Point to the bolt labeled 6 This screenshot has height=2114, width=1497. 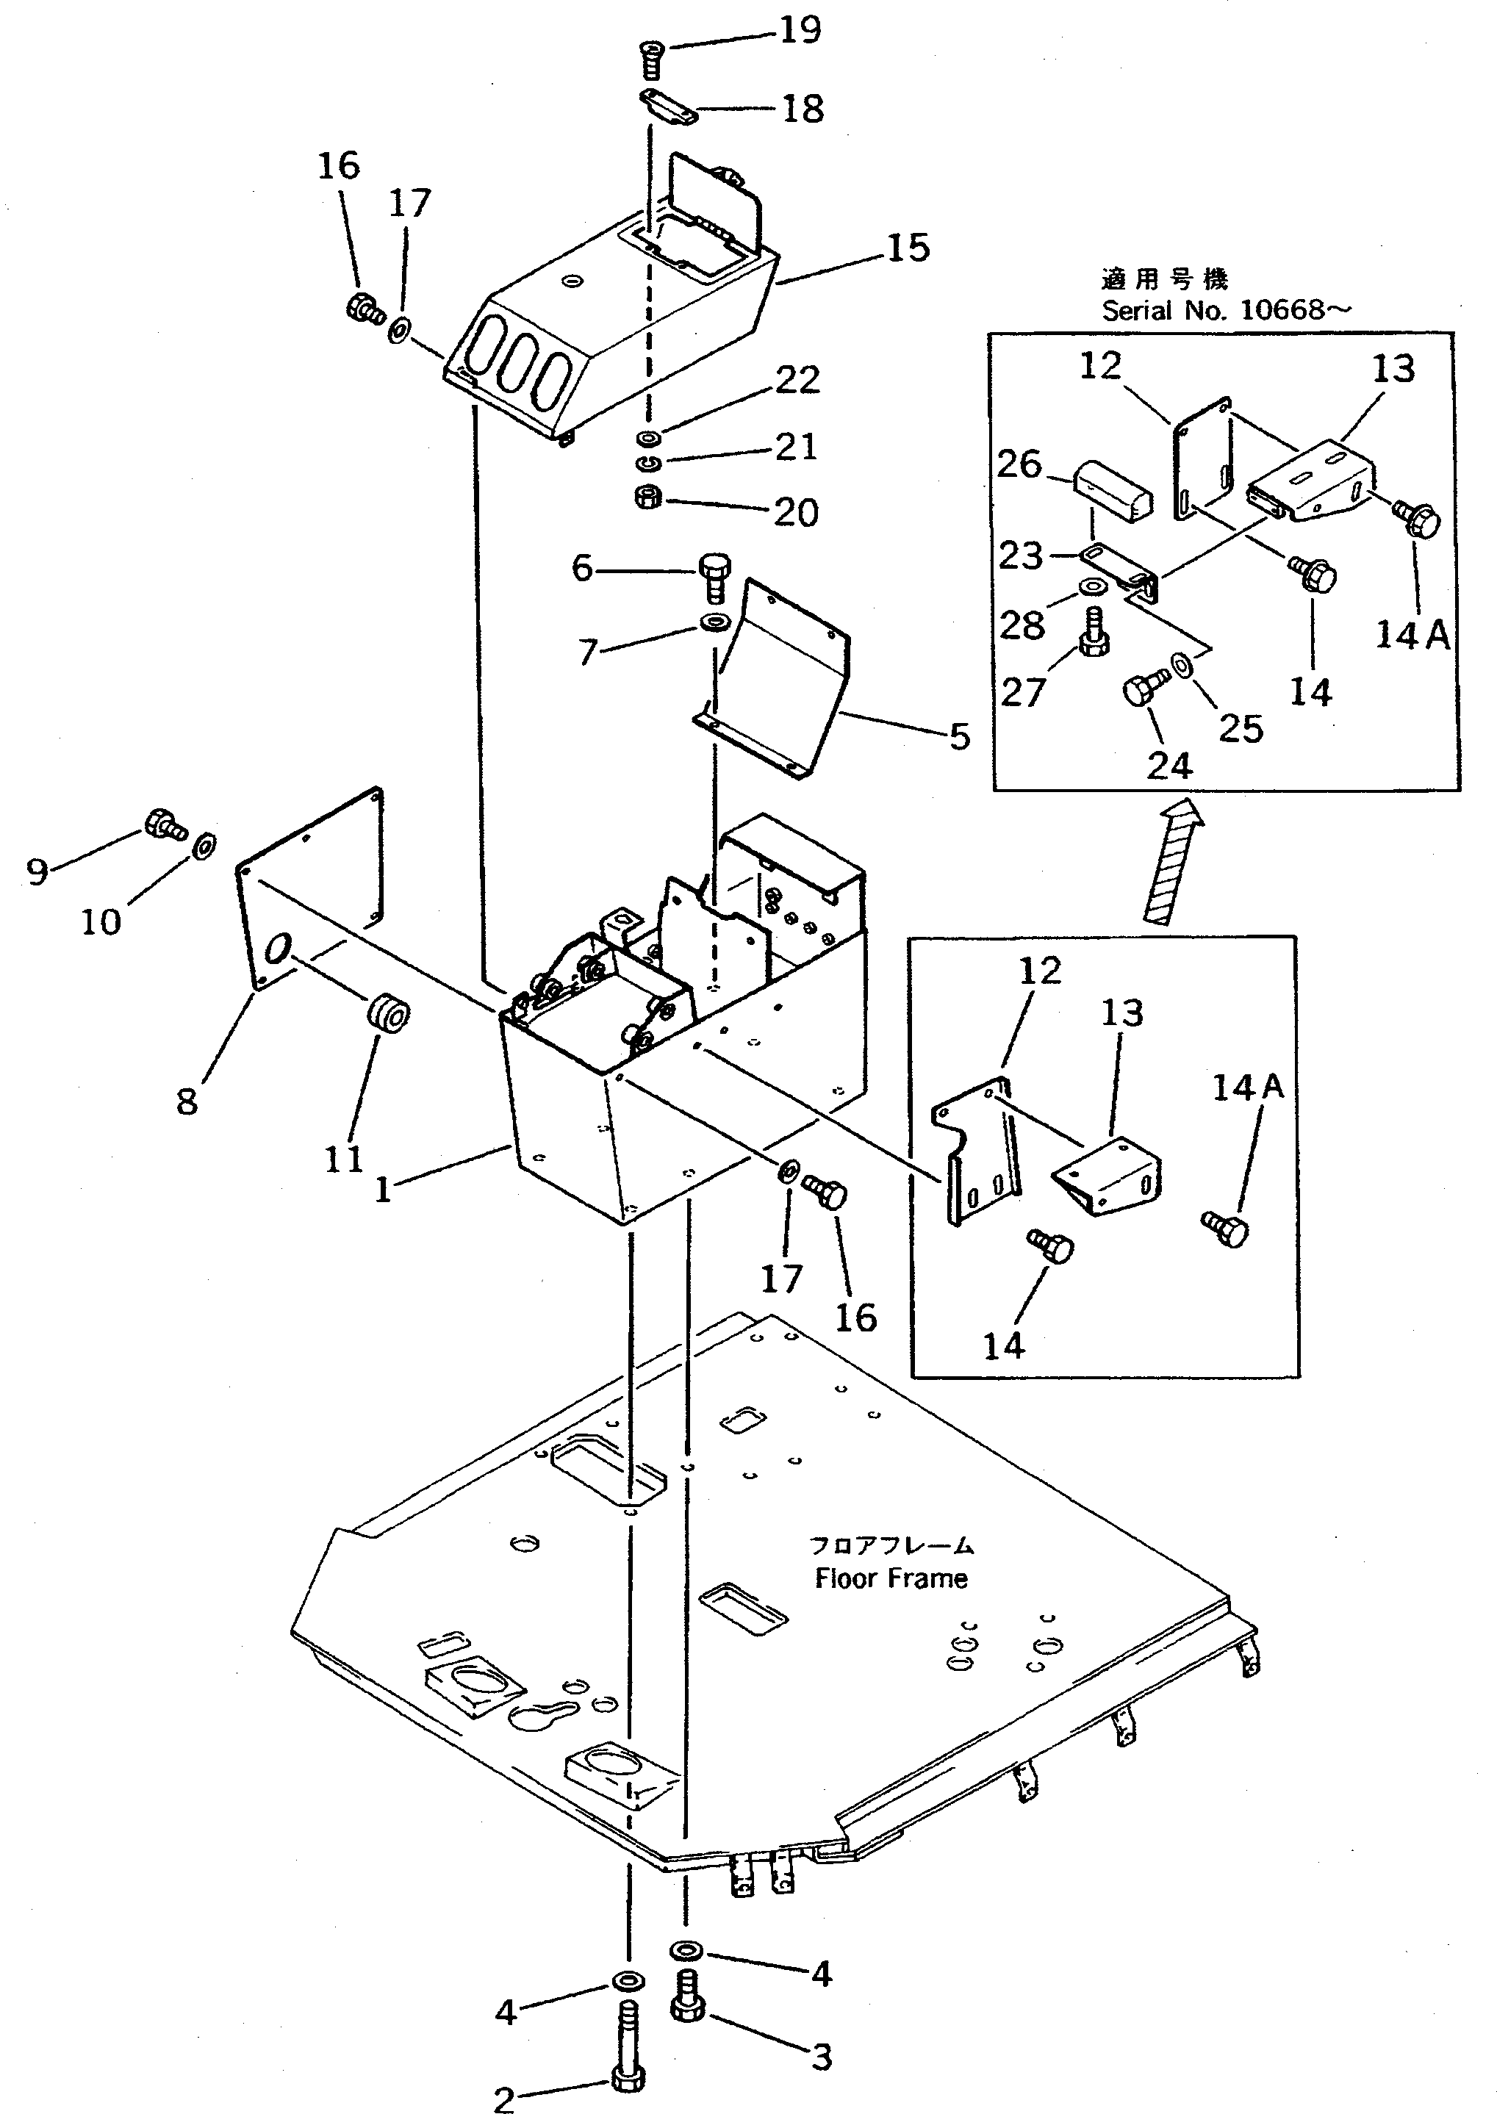(x=714, y=573)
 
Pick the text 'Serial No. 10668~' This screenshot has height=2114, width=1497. (x=1226, y=309)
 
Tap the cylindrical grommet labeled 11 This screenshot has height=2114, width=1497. (x=388, y=1015)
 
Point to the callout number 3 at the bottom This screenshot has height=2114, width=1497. (x=822, y=2056)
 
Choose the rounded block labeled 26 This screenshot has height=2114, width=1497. (x=1113, y=494)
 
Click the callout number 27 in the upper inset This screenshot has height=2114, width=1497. (x=1022, y=691)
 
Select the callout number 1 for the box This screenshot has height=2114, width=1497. (x=383, y=1189)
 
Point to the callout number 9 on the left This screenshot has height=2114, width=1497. (x=37, y=870)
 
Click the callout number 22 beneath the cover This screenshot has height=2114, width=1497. (x=797, y=380)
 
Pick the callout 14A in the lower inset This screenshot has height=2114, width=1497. (x=1247, y=1087)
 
